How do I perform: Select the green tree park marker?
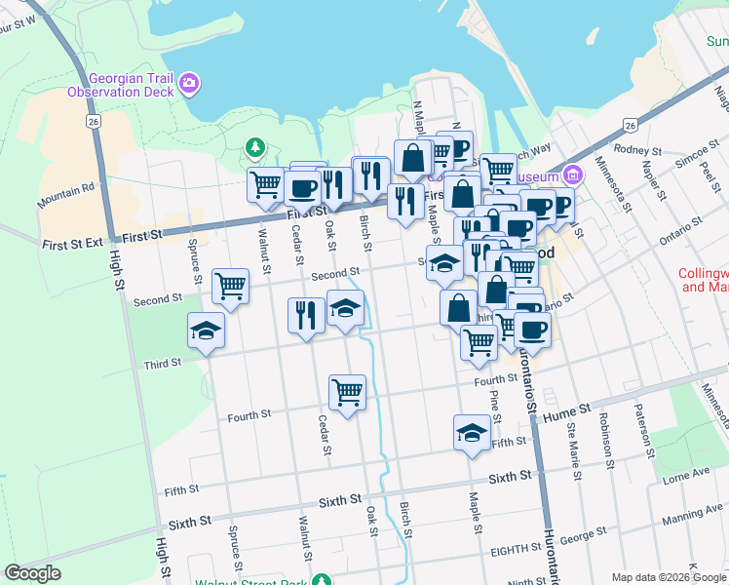[x=255, y=148]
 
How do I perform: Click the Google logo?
[x=32, y=573]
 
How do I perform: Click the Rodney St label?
[x=638, y=151]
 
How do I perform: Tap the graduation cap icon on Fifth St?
[x=472, y=431]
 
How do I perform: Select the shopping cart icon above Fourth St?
[x=347, y=391]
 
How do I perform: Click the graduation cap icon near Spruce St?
[x=207, y=330]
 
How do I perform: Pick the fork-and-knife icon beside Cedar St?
[x=306, y=315]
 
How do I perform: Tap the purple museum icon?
[x=572, y=176]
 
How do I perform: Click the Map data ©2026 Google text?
[x=668, y=577]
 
